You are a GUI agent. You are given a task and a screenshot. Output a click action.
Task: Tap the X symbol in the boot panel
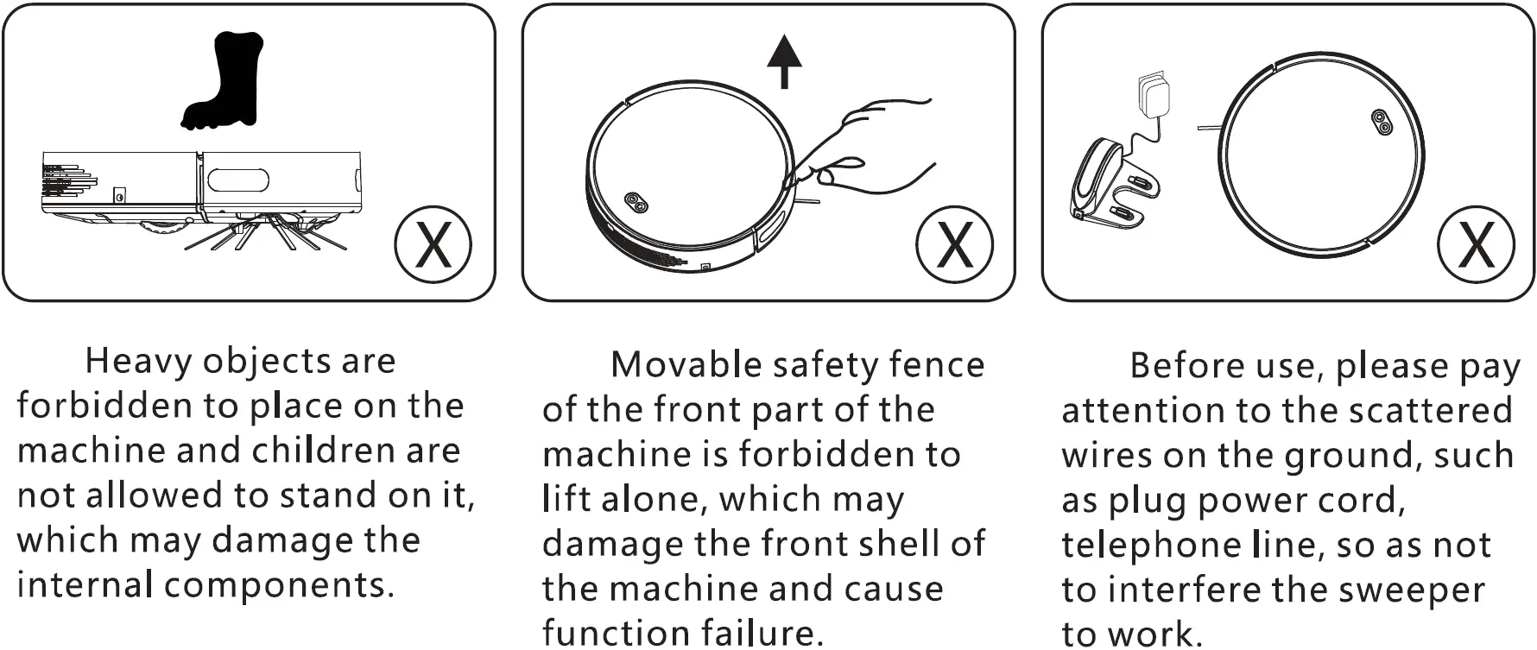[x=433, y=244]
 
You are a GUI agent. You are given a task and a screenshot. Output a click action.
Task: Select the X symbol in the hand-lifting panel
[x=954, y=244]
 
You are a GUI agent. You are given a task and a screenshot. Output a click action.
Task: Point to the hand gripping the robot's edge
[x=872, y=142]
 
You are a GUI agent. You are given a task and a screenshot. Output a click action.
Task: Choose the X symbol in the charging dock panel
[x=1476, y=244]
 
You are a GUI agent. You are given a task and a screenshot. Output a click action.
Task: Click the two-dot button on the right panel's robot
[x=1381, y=123]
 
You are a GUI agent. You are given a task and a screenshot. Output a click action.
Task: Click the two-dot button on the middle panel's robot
[x=637, y=203]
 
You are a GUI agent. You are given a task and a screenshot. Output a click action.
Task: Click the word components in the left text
[x=274, y=586]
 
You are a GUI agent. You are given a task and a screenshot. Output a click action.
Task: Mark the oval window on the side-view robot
[x=237, y=180]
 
